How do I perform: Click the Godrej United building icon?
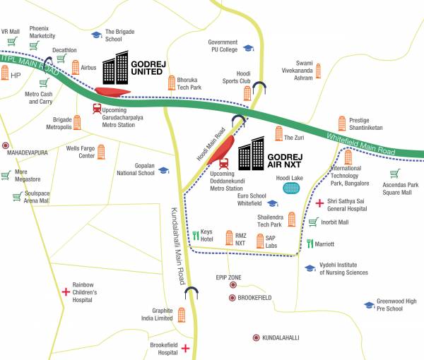[116, 68]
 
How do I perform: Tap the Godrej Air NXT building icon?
[252, 155]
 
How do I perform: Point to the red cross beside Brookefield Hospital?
[185, 348]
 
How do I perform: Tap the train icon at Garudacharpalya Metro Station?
[97, 109]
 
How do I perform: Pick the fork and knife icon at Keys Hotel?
[195, 235]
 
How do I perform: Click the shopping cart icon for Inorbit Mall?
[313, 222]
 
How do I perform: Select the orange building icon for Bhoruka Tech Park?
[171, 83]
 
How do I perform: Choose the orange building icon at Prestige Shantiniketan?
[342, 123]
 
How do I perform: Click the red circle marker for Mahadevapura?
[6, 145]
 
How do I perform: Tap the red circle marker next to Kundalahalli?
[255, 337]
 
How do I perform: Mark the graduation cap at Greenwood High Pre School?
[368, 305]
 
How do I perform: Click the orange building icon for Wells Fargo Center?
[101, 151]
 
